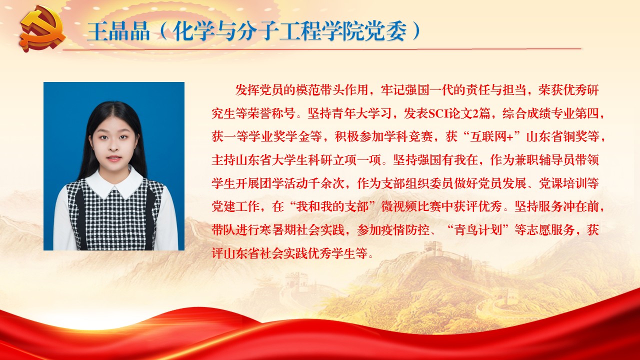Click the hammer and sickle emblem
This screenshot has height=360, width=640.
click(43, 30)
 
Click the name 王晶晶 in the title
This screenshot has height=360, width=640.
click(118, 31)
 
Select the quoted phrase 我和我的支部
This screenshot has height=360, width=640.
click(332, 206)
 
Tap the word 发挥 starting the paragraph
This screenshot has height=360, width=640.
click(247, 90)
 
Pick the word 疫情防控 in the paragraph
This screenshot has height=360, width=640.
click(405, 230)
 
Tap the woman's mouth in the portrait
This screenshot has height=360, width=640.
click(114, 158)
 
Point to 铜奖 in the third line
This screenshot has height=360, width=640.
click(575, 137)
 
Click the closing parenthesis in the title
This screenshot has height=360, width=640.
click(416, 31)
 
